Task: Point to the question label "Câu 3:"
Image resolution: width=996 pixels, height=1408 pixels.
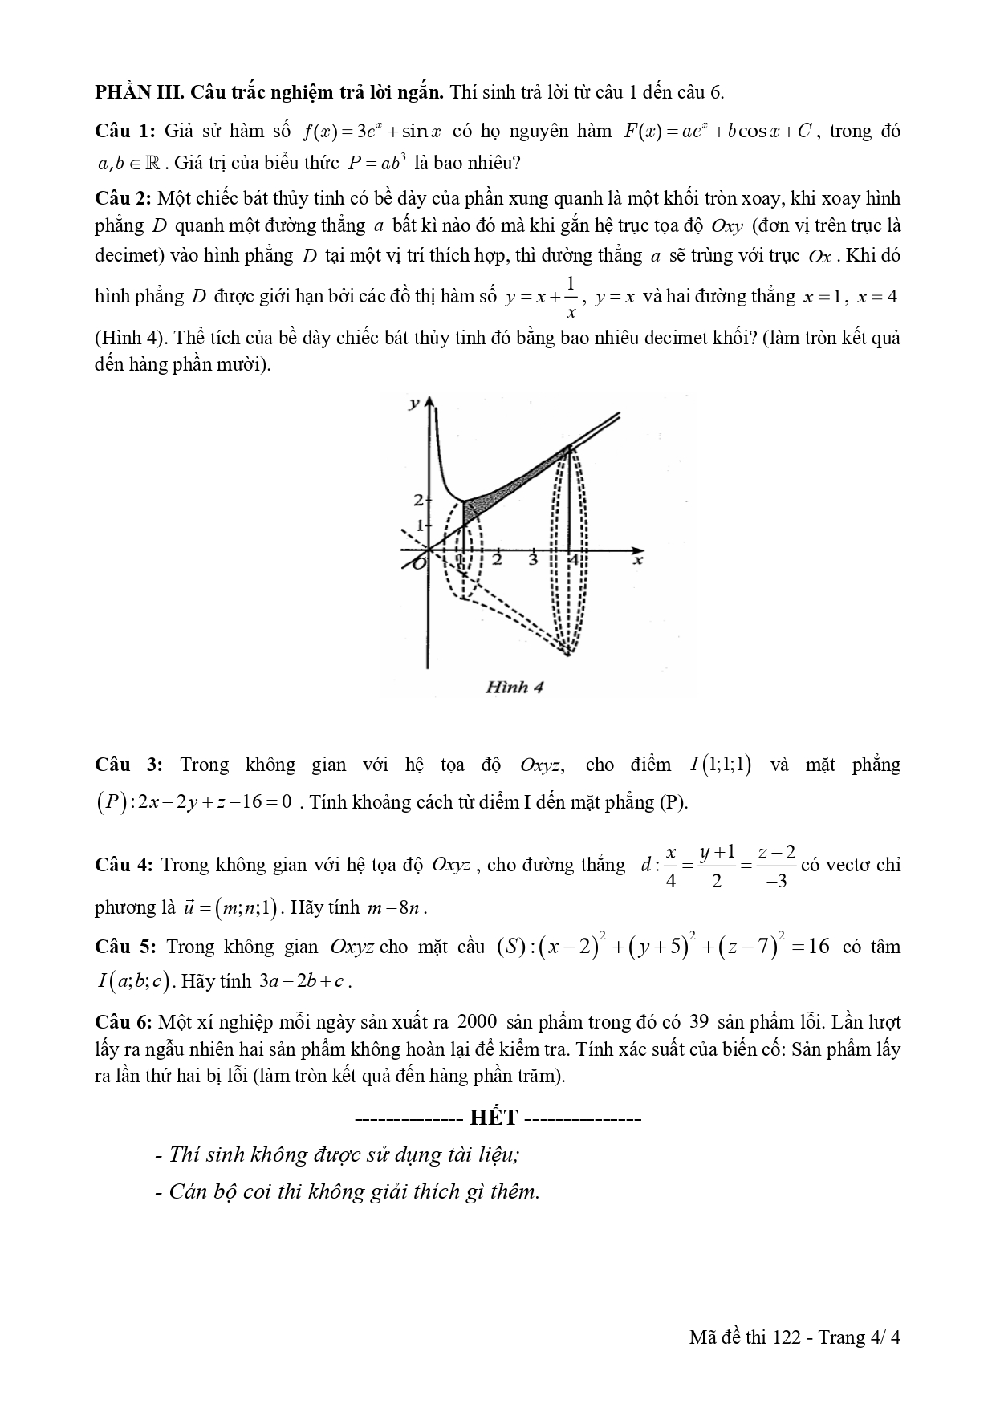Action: tap(128, 765)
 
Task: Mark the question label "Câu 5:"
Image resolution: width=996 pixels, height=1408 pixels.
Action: tap(125, 947)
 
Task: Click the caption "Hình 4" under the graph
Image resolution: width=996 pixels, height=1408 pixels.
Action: tap(514, 687)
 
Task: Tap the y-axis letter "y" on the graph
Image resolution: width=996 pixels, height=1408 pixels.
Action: tap(413, 404)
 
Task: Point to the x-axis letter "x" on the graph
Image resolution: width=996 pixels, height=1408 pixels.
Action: tap(638, 560)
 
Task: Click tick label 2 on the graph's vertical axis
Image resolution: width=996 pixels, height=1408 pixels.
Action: tap(418, 501)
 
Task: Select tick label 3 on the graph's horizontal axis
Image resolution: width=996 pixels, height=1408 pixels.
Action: tap(533, 560)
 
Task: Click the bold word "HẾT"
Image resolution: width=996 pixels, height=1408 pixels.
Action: tap(494, 1117)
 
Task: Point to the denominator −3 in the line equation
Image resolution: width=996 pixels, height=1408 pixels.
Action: tap(776, 881)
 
